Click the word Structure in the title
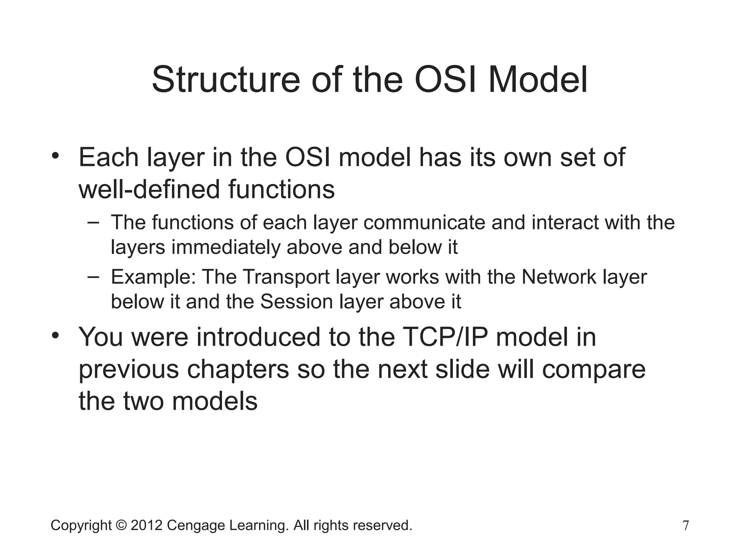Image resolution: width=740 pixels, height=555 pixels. pos(225,79)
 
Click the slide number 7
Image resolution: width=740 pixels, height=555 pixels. pos(685,525)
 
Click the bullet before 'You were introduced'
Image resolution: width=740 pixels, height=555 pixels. pos(55,336)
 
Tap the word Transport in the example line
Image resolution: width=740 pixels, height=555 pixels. pos(286,277)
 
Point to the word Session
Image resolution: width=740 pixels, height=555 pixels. pos(296,301)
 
